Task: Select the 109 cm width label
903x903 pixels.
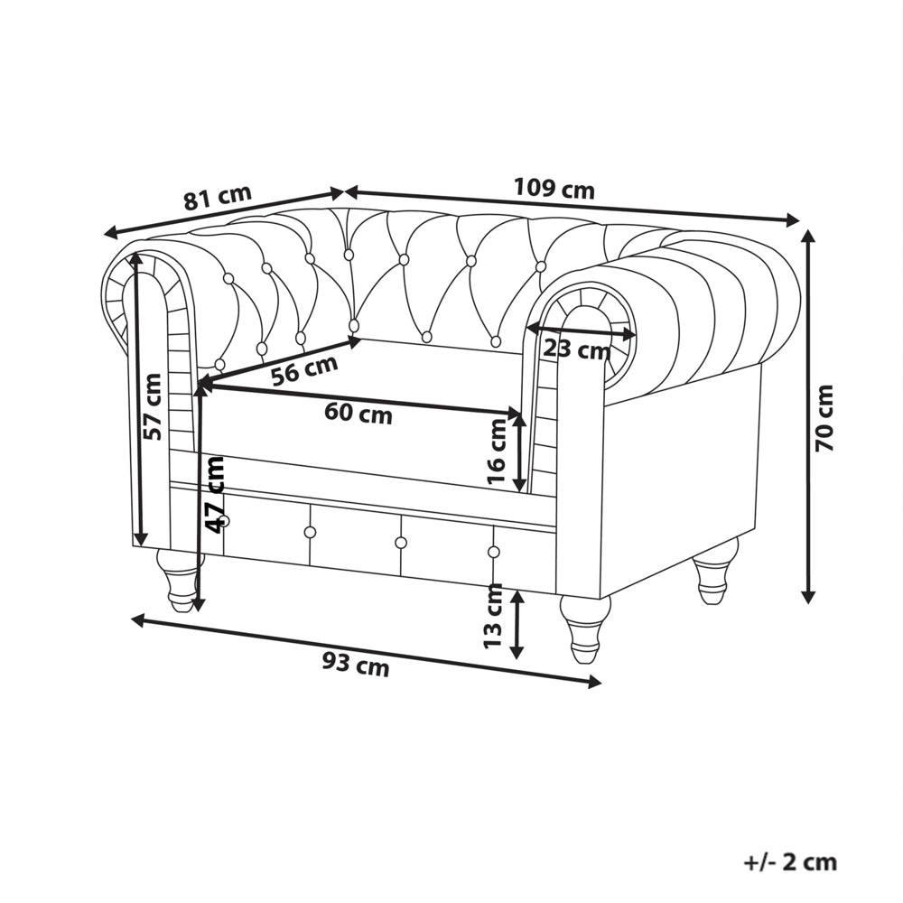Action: coord(554,189)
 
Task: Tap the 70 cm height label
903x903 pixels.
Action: coord(824,418)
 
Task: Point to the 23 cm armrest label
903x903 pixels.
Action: coord(576,349)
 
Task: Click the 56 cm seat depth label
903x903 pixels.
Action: coord(304,371)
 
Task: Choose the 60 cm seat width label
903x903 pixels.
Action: coord(358,413)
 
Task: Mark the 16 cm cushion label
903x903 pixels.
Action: coord(496,451)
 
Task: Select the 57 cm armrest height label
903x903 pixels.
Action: coord(154,406)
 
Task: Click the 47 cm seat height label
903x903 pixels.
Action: coord(216,495)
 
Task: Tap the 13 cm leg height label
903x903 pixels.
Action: coord(493,616)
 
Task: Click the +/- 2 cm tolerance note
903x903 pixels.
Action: coord(790,862)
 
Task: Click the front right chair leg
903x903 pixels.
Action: coord(584,628)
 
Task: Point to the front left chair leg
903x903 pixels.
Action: coord(180,580)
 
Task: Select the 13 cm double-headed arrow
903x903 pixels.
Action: coord(517,624)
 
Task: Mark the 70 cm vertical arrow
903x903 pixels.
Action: coord(808,415)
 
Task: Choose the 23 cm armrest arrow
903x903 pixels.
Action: coord(582,330)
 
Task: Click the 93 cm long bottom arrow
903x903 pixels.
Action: coord(367,651)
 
